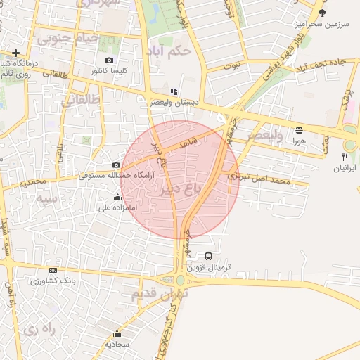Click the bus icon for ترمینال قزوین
209,256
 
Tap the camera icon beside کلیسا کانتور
109,60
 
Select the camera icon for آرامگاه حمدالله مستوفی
116,165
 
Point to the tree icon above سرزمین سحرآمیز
322,12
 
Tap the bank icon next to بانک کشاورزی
53,270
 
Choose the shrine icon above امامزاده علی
117,197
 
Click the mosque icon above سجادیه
117,333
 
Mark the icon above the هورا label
300,129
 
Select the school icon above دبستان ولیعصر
174,91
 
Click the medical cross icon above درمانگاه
15,53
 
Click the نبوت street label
231,66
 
